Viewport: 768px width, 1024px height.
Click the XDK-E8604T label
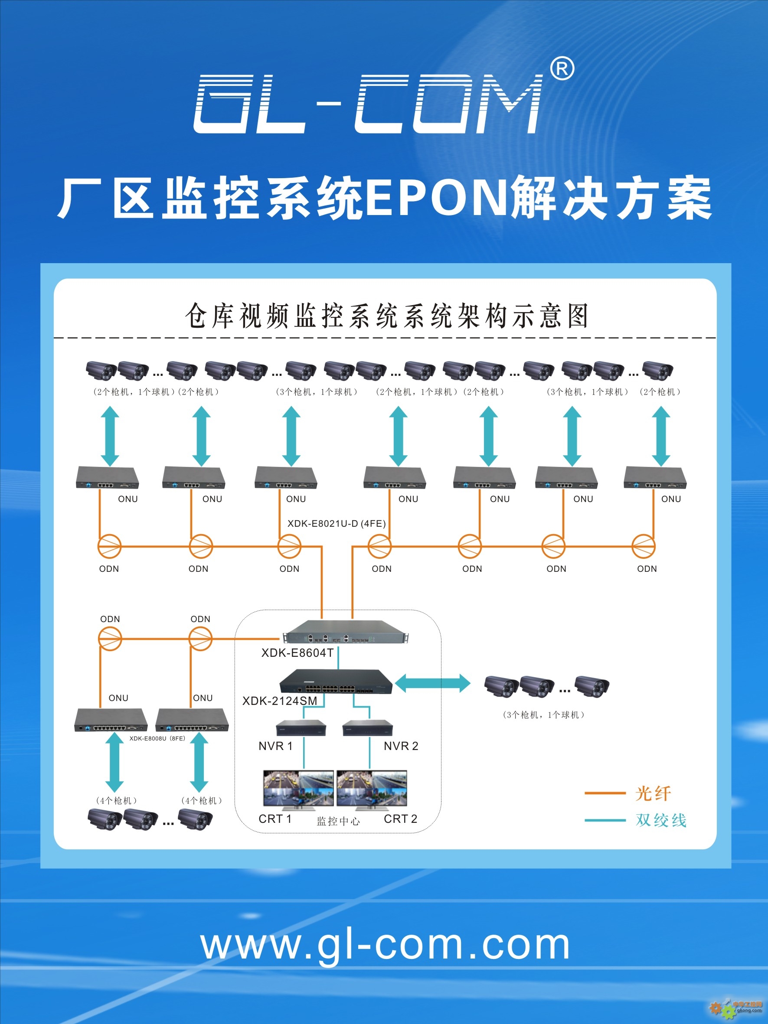[x=297, y=653]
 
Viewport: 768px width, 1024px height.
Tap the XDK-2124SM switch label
[x=280, y=701]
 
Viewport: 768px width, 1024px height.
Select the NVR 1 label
[x=275, y=746]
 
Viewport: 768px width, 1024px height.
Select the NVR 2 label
[x=401, y=746]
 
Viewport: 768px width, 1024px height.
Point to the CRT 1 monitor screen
[x=298, y=788]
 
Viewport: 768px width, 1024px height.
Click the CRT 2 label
[x=400, y=819]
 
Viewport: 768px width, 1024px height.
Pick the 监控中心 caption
[x=338, y=821]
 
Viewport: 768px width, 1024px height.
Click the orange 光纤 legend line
[x=605, y=793]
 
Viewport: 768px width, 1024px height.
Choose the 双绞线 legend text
[x=661, y=820]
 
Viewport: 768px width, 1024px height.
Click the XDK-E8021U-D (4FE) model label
[x=337, y=524]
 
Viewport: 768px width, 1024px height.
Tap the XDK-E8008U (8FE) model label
[x=157, y=738]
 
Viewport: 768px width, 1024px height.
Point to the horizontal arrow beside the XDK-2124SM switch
[x=432, y=683]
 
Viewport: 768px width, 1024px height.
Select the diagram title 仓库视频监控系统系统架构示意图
[x=387, y=316]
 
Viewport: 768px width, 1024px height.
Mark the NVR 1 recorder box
[x=301, y=728]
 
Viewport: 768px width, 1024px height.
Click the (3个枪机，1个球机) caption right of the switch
[x=543, y=715]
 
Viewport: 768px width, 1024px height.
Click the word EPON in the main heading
[x=437, y=198]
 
